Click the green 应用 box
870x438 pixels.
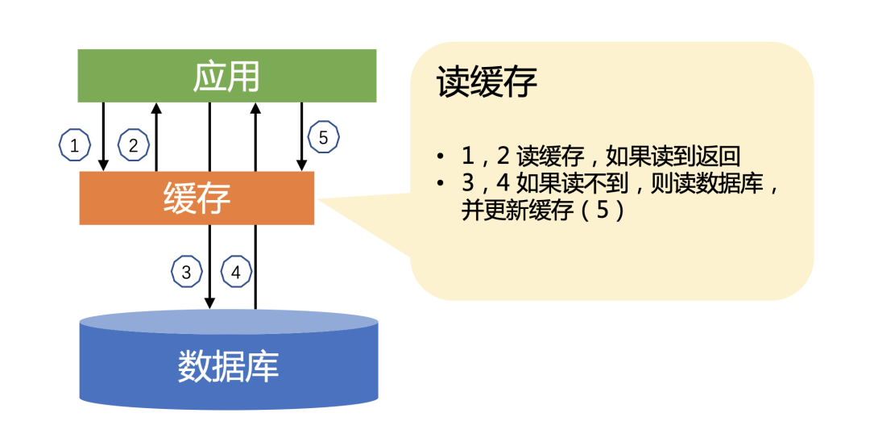pos(226,76)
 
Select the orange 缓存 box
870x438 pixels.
pos(197,198)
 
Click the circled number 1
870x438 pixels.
pos(75,145)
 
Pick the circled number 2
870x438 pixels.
pos(133,145)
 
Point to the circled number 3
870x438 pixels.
pos(186,272)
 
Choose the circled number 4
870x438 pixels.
pos(235,272)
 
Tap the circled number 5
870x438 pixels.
pos(323,138)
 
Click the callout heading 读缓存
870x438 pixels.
pos(487,82)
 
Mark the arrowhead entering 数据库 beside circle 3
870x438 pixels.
pos(209,303)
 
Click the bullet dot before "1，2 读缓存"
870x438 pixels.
pos(441,156)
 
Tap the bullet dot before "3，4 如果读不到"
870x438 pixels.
pos(441,185)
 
